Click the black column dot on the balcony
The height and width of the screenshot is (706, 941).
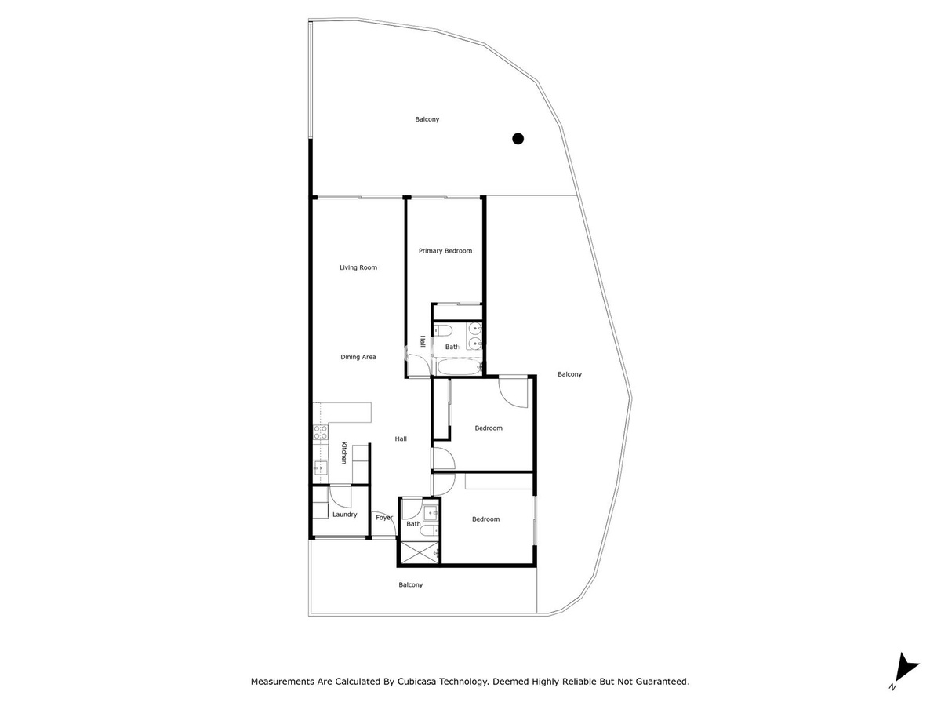tap(518, 139)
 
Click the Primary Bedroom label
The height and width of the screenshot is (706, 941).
tap(445, 251)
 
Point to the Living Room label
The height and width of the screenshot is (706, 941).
tap(358, 267)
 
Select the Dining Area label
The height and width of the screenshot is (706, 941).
tap(358, 357)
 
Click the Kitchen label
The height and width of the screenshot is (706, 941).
tap(343, 453)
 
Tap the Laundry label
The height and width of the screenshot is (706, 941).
tap(345, 515)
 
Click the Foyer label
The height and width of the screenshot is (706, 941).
tap(384, 518)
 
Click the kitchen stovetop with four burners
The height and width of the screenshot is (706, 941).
tap(320, 432)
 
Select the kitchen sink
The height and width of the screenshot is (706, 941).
tap(320, 468)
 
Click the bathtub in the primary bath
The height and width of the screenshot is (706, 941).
tap(458, 366)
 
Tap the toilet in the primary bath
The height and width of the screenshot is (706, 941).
tap(442, 330)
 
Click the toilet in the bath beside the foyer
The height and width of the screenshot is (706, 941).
tap(429, 531)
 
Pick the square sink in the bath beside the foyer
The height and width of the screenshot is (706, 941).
tap(430, 513)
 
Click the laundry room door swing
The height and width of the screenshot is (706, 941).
tap(340, 497)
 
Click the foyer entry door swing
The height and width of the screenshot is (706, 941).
tap(383, 523)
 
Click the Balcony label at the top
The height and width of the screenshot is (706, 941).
tap(427, 119)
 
